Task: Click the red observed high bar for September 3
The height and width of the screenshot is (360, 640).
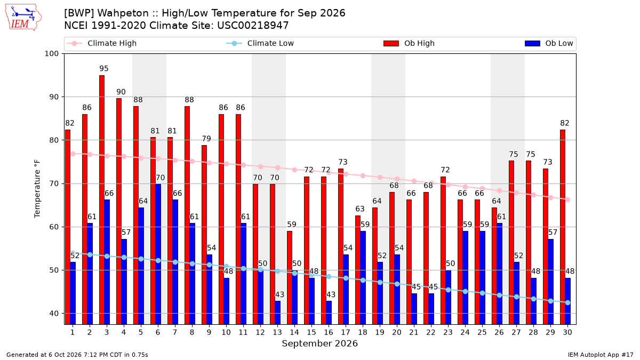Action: coord(102,199)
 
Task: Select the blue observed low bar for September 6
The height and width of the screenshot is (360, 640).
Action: coord(158,254)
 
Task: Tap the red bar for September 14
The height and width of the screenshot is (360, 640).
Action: coord(290,278)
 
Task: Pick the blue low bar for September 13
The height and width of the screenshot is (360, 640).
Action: coord(277,313)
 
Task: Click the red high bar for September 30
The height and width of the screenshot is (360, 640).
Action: coord(563,227)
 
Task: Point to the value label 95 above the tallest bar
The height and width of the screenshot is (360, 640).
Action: coord(104,69)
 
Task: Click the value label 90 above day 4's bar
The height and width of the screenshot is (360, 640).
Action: coord(121,92)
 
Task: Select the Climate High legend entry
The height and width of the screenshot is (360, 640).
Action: coord(101,43)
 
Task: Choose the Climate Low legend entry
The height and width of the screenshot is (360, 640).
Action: coord(260,43)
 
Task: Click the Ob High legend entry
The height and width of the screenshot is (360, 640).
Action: coord(409,43)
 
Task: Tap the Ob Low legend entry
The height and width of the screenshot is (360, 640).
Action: coord(549,43)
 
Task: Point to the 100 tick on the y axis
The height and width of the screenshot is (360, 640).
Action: coord(51,54)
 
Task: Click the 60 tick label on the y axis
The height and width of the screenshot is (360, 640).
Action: coord(54,227)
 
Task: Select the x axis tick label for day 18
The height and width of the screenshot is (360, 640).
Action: coord(363,332)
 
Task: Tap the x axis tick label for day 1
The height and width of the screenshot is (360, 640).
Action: coord(73,332)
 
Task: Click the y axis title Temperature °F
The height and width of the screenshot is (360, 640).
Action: coord(37,189)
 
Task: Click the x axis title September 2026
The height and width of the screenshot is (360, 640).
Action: coord(319,343)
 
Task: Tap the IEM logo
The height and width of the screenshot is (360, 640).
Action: coord(23,18)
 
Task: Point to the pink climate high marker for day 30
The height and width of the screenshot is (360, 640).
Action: coord(567,199)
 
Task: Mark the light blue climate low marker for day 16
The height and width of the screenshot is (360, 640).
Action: coord(329,277)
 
